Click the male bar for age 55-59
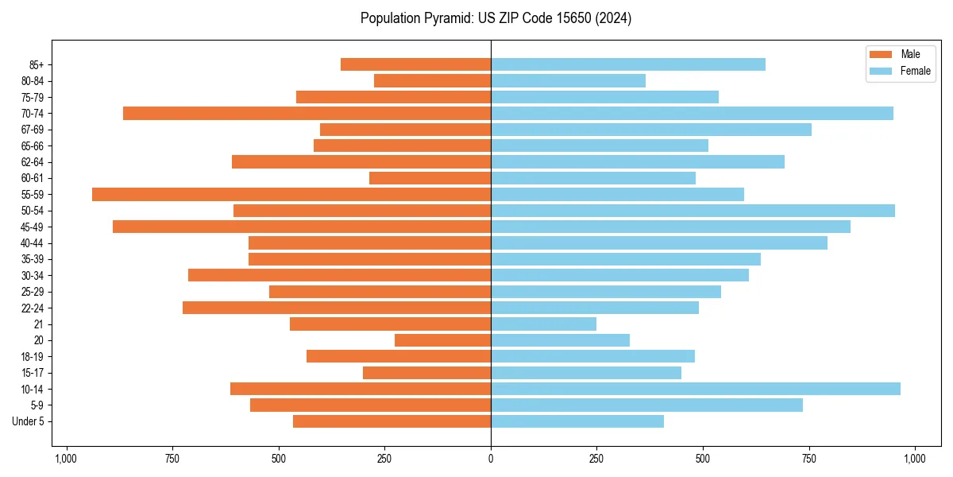tap(291, 195)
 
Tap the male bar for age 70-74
tap(307, 114)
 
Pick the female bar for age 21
tap(543, 324)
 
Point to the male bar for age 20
tap(442, 340)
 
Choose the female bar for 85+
tap(628, 64)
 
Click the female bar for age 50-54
tap(693, 211)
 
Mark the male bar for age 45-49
tap(302, 227)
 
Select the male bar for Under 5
tap(392, 421)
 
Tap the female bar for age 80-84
tap(568, 81)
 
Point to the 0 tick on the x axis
tap(491, 458)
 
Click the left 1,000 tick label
tap(66, 458)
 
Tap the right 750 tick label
tap(808, 458)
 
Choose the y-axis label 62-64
tap(33, 162)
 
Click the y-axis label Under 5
tap(28, 421)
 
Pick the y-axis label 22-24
tap(33, 308)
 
